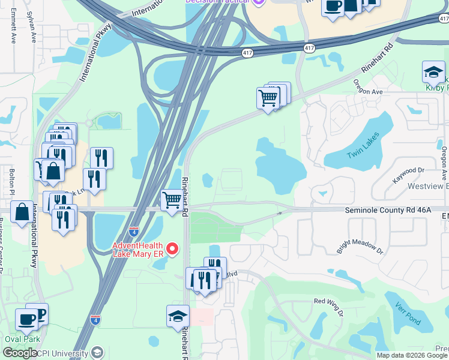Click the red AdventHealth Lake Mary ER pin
[173, 248]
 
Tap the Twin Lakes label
[363, 146]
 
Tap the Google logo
[20, 353]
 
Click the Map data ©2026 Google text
[412, 355]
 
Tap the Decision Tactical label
[217, 2]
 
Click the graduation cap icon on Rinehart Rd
[178, 316]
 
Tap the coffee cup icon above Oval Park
[26, 320]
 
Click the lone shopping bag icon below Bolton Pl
[22, 212]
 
